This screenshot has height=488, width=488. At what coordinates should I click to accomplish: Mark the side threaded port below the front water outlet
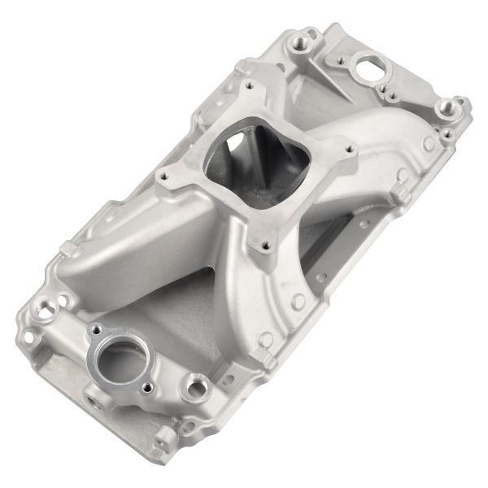(x=90, y=401)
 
